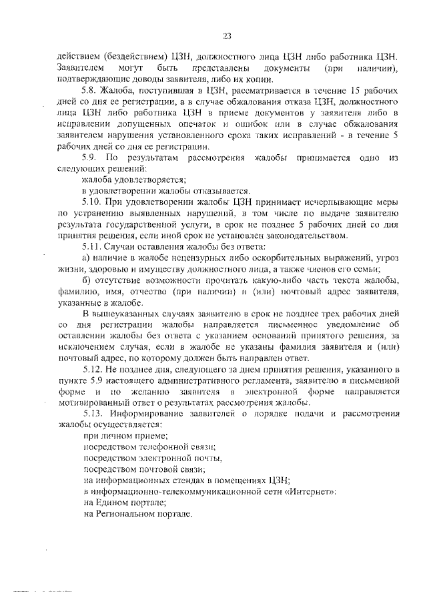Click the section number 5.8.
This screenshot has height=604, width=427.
tap(89, 89)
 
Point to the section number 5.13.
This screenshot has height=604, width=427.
tap(92, 415)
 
